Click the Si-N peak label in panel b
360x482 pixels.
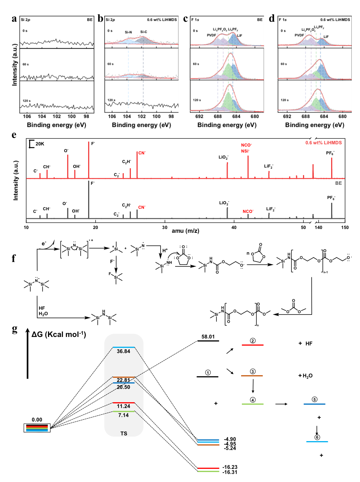[x=128, y=32]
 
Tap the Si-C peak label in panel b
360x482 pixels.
[x=144, y=32]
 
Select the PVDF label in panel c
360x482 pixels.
[x=211, y=35]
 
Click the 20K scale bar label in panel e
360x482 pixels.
[x=40, y=144]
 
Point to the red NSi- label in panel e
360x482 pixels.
[x=245, y=151]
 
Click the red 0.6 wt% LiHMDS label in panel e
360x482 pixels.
[x=323, y=143]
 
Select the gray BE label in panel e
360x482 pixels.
[x=338, y=183]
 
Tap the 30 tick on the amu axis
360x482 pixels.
[x=165, y=228]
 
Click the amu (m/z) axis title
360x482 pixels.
[x=185, y=231]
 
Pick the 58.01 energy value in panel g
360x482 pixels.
[x=208, y=337]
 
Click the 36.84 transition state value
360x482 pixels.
[x=123, y=352]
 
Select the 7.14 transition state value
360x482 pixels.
[x=123, y=415]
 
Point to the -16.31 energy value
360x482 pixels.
[x=229, y=472]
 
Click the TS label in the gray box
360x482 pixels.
[x=124, y=434]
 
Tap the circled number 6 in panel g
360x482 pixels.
[x=317, y=437]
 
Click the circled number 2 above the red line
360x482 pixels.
[x=252, y=341]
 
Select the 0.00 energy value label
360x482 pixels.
[x=37, y=420]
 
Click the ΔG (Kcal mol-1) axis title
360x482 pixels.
[x=58, y=334]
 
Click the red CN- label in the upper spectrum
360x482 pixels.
[x=142, y=153]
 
